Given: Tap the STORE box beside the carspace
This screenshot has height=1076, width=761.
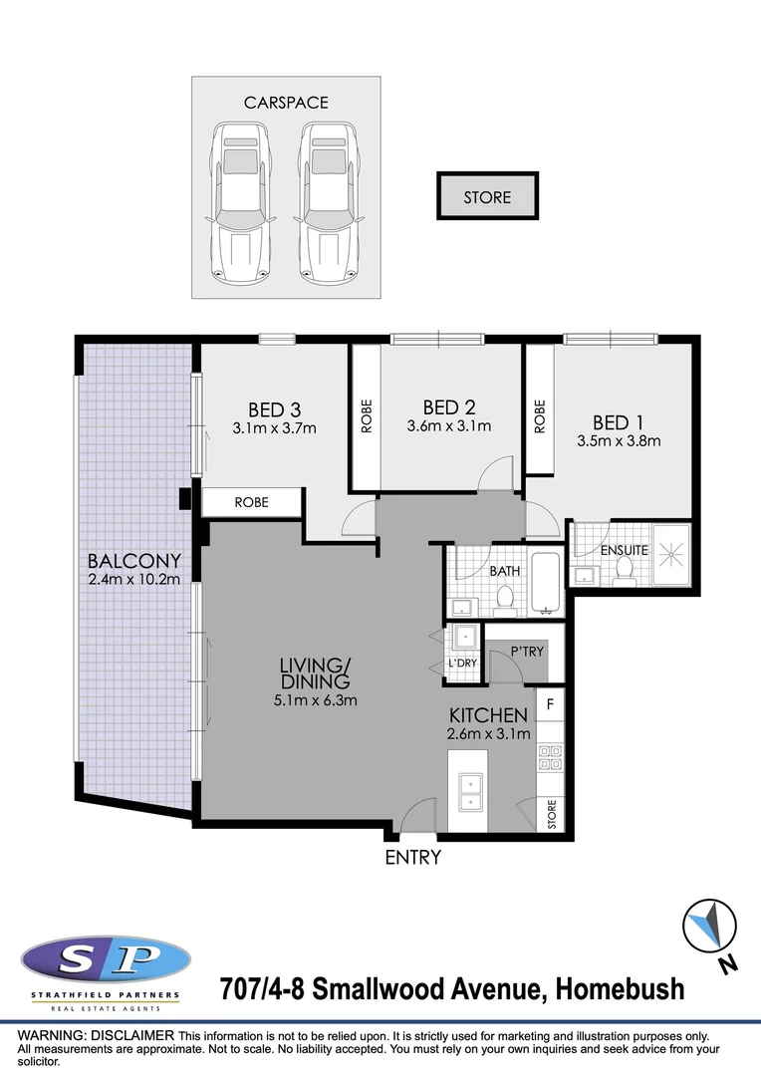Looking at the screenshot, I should [x=487, y=197].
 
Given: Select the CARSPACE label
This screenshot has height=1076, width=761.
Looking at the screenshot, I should [x=286, y=103].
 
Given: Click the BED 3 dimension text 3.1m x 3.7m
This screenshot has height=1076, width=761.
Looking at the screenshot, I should [x=274, y=428].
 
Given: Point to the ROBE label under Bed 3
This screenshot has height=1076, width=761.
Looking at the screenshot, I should [x=252, y=502].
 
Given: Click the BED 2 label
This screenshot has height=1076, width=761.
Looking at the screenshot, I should [x=448, y=407].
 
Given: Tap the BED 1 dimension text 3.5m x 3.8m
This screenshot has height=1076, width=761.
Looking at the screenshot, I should [x=619, y=440].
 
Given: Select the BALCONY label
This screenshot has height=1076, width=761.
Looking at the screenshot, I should [x=133, y=560].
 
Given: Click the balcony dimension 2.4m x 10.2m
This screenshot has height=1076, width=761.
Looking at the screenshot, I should [x=133, y=580].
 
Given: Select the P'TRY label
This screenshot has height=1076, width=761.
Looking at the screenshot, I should [x=526, y=652].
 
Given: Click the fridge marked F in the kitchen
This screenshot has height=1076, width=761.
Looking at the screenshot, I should [x=551, y=703].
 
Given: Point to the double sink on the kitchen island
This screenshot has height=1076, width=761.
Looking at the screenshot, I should [x=467, y=793].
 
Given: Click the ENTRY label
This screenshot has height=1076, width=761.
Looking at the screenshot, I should [x=412, y=857].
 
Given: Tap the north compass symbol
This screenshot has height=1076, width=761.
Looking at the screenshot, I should [x=710, y=927].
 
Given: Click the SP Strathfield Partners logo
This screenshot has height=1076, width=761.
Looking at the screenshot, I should [x=105, y=962].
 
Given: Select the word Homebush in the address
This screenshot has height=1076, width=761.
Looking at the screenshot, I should [x=620, y=989].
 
